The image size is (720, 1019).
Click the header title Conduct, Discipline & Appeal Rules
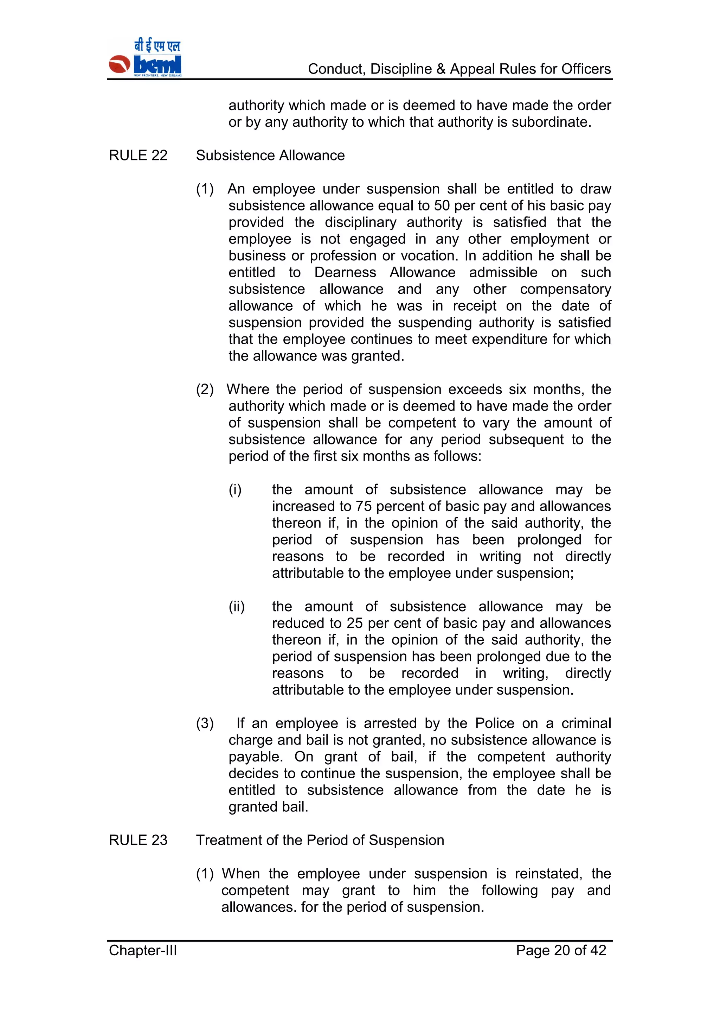[459, 69]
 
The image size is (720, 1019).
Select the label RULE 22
[138, 155]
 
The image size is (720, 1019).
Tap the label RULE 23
[138, 840]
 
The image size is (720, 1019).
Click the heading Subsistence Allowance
[270, 155]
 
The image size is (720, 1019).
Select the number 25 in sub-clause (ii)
[355, 623]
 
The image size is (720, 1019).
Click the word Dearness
[345, 272]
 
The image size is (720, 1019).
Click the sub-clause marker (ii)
[236, 607]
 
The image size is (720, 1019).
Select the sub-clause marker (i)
[235, 489]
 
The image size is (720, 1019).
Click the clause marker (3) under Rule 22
[205, 723]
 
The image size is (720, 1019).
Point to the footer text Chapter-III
[143, 950]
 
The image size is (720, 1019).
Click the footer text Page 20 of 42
[561, 950]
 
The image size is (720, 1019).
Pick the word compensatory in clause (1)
[565, 289]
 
